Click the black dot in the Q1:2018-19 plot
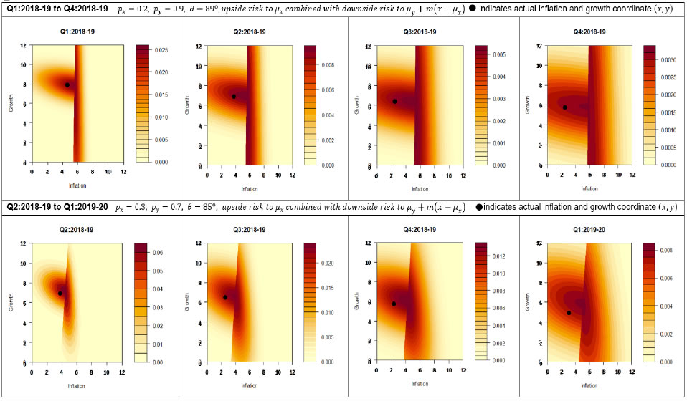(x=67, y=84)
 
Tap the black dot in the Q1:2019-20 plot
(x=569, y=313)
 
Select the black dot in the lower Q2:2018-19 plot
(x=60, y=294)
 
